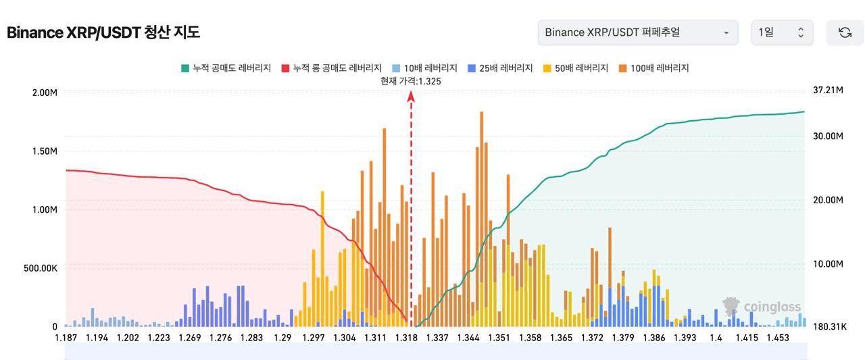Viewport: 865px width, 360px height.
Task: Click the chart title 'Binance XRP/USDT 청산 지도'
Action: point(103,32)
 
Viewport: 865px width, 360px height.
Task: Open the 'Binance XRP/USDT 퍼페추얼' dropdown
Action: point(637,32)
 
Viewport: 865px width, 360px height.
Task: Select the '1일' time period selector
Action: point(782,32)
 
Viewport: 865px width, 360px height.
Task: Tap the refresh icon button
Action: point(845,32)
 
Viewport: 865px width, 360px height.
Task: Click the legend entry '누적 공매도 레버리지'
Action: point(226,68)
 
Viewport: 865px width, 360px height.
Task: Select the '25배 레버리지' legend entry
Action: point(500,68)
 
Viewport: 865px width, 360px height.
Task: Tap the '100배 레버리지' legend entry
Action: point(653,68)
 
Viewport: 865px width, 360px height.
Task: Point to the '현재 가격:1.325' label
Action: point(411,81)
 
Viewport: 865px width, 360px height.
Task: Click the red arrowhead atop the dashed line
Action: point(411,97)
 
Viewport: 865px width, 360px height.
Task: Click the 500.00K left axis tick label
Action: point(39,268)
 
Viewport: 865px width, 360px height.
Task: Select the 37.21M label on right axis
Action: point(828,90)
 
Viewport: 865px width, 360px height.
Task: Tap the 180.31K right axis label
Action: point(829,327)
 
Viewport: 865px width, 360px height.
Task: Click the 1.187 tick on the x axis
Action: point(66,338)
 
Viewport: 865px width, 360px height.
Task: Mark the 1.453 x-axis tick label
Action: point(778,338)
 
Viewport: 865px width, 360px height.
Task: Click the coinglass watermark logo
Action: point(761,307)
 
